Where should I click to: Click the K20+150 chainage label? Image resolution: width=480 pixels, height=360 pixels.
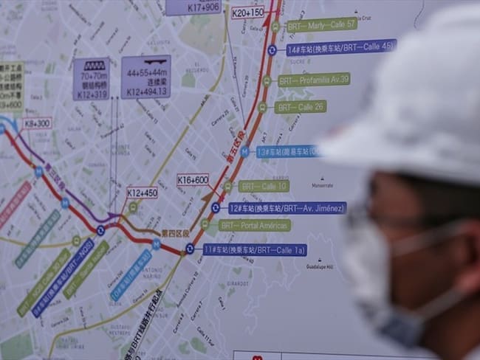(247, 13)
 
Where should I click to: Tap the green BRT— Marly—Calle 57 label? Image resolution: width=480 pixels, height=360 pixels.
(322, 24)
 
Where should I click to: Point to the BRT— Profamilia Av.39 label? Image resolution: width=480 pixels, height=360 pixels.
(314, 79)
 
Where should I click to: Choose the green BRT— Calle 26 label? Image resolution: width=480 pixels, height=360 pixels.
(300, 107)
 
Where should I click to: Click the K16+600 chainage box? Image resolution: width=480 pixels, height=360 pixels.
(193, 179)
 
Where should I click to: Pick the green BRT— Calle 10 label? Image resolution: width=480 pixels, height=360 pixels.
(263, 186)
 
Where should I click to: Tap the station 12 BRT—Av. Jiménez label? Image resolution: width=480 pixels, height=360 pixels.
(287, 208)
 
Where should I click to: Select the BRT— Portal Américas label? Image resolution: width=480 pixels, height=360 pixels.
(254, 225)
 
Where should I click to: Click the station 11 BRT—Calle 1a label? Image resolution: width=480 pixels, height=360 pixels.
(254, 249)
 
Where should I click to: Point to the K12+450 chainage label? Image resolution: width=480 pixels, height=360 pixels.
(142, 193)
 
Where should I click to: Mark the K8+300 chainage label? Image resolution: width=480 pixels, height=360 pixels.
(37, 123)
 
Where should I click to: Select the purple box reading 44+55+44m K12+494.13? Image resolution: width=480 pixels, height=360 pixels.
(146, 77)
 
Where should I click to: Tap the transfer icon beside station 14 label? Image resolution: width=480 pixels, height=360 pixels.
(272, 50)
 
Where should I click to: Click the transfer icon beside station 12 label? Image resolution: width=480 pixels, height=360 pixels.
(215, 208)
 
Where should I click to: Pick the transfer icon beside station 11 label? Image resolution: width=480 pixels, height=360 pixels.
(190, 249)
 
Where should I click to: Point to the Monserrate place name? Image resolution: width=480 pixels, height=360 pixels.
(322, 185)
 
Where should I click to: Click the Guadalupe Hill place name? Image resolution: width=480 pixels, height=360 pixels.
(320, 267)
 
